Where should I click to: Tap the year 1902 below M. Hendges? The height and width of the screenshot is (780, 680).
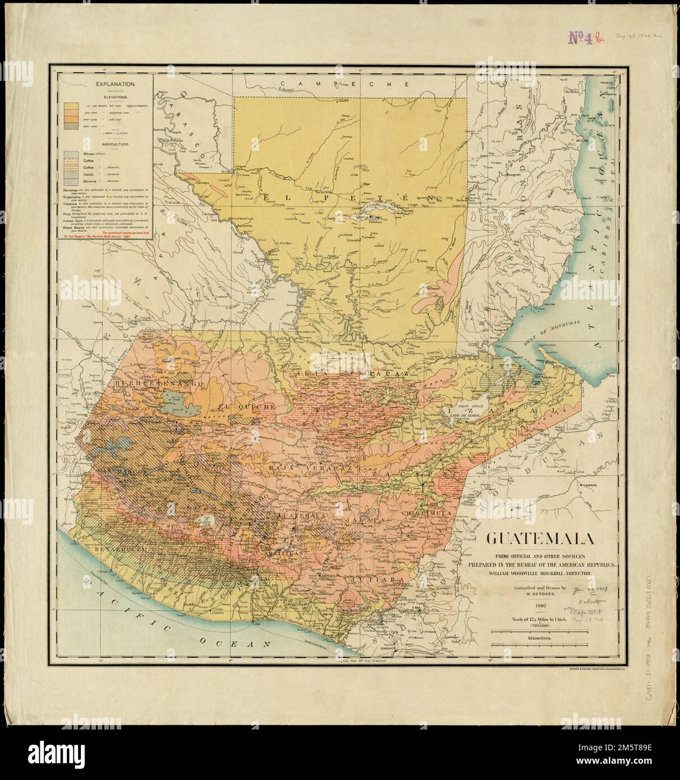click(541, 606)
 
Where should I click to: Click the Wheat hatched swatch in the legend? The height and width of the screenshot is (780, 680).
click(70, 154)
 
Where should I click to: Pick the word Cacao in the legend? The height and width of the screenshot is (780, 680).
click(88, 174)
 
